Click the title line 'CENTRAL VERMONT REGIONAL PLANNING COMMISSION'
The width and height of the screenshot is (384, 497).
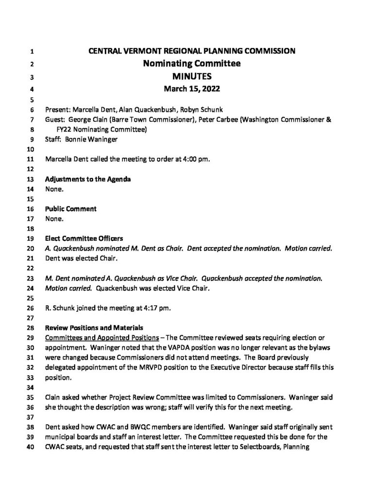tap(192, 50)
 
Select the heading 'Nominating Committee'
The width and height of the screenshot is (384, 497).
tap(192, 63)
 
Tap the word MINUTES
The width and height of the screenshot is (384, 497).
tap(192, 76)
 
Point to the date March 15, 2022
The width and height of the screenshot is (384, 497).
tap(192, 88)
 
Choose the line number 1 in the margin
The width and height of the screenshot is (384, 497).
tap(32, 51)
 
